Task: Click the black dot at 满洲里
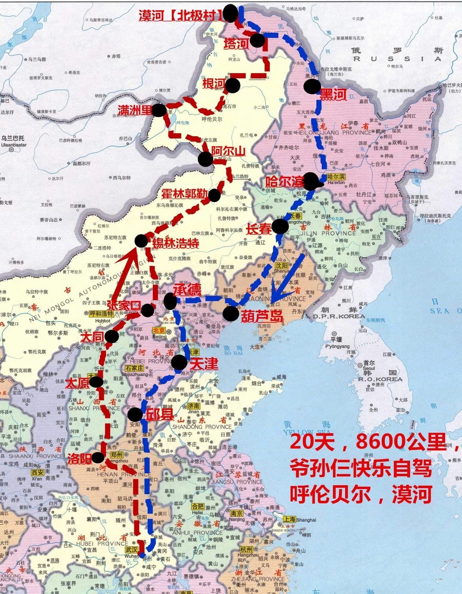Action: [159, 110]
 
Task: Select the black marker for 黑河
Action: [312, 86]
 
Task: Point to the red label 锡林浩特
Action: [175, 243]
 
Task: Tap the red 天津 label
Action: [203, 364]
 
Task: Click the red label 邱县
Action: [160, 414]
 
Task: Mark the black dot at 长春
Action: [280, 226]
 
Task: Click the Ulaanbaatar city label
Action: [13, 145]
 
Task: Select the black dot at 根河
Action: [233, 85]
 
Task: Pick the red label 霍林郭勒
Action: [184, 194]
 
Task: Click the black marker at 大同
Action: [112, 337]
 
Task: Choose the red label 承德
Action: [187, 290]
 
